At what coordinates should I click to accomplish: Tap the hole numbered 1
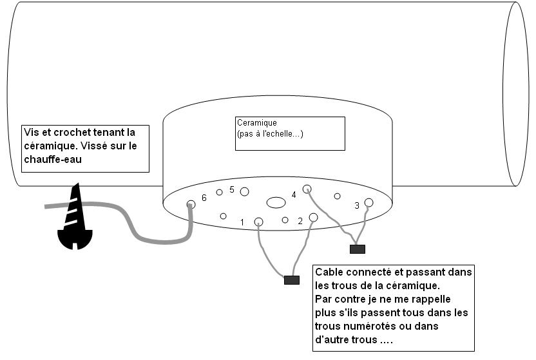259,222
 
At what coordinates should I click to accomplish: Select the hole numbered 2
314,218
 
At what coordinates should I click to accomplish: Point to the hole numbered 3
368,202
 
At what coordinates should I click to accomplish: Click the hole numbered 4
307,189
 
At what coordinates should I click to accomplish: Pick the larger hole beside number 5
244,191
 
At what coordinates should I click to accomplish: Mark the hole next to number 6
191,205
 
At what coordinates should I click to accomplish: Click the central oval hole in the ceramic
276,202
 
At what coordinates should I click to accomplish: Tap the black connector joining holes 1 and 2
292,280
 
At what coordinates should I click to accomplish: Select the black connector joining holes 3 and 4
357,249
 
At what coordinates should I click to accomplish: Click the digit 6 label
204,198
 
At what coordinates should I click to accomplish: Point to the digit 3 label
357,206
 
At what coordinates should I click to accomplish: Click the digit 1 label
242,223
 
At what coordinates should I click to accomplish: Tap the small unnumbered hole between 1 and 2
285,220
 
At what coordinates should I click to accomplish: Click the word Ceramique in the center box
256,122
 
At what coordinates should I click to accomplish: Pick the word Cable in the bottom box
329,272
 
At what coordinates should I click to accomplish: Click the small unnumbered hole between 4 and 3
337,196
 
